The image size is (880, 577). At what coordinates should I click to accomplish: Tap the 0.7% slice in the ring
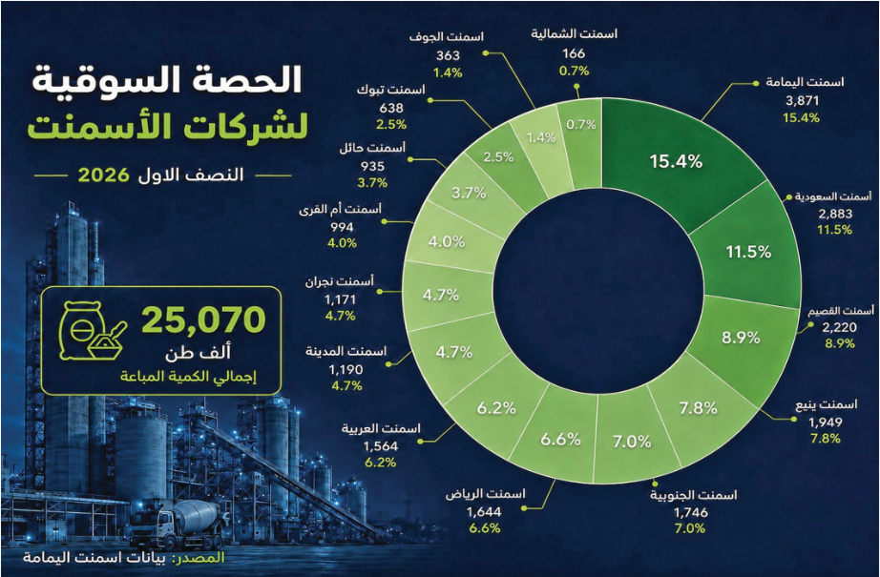[x=581, y=125]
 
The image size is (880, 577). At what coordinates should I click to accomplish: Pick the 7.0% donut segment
[x=633, y=442]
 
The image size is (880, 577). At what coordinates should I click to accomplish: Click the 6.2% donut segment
[x=496, y=407]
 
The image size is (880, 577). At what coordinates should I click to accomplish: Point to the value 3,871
[x=802, y=101]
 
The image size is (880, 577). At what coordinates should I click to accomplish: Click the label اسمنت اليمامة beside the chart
[x=805, y=82]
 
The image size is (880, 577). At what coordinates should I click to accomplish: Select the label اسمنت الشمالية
[x=575, y=33]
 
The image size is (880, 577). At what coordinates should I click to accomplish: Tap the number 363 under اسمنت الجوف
[x=448, y=55]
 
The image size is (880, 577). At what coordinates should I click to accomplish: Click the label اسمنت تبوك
[x=391, y=90]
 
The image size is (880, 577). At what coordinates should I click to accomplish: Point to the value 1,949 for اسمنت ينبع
[x=826, y=422]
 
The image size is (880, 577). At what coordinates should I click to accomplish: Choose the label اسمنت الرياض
[x=486, y=494]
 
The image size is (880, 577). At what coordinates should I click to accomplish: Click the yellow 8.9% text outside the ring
[x=840, y=343]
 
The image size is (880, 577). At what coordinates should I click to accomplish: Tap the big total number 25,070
[x=203, y=319]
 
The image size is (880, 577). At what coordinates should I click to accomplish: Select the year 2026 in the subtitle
[x=104, y=175]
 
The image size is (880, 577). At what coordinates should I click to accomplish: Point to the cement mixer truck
[x=177, y=525]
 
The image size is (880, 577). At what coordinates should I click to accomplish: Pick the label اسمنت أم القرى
[x=340, y=210]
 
